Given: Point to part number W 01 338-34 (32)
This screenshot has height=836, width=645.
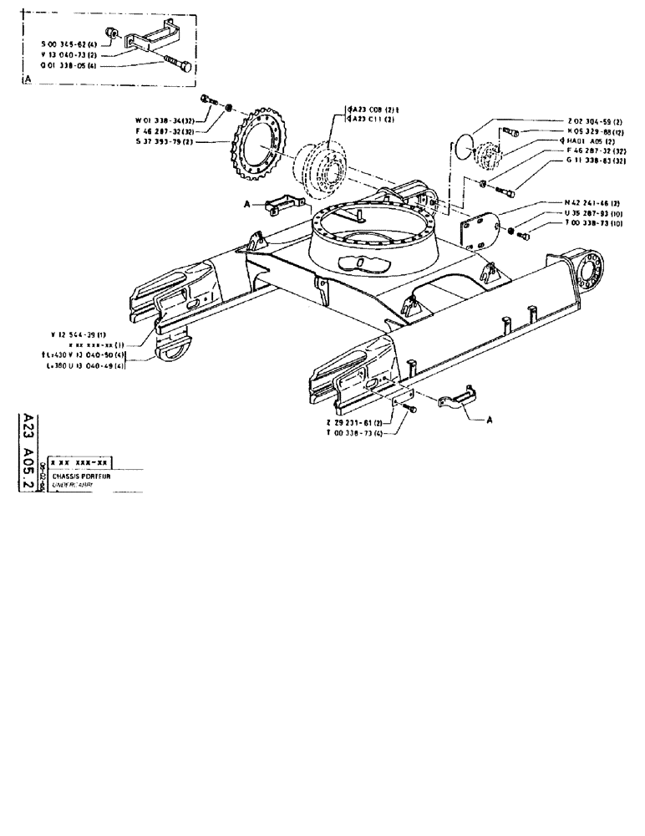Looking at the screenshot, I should pyautogui.click(x=160, y=120).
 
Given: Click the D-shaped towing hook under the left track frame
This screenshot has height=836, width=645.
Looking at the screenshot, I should pyautogui.click(x=176, y=348).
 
